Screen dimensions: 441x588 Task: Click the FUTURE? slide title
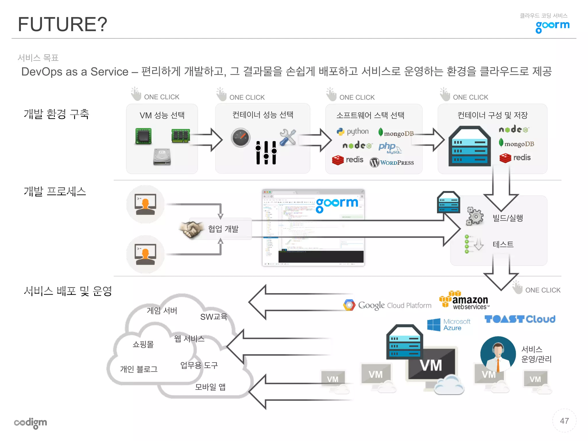click(62, 24)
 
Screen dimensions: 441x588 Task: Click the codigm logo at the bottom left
click(30, 423)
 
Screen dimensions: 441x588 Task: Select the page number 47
click(564, 421)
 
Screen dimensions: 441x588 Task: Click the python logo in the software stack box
click(353, 131)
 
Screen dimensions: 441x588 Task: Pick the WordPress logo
click(392, 163)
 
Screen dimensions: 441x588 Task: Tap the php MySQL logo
click(389, 148)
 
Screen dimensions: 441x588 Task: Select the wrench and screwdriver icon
click(288, 137)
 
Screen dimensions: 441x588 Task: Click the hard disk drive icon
click(162, 157)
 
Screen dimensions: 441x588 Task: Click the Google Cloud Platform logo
click(387, 305)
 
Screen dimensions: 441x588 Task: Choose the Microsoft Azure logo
click(448, 325)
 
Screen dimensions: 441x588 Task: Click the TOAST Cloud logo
click(520, 319)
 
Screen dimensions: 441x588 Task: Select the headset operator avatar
click(498, 354)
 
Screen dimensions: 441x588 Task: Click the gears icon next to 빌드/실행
click(475, 216)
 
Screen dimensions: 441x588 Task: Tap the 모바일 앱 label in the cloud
click(210, 387)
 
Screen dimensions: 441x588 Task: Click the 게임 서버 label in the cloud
click(162, 311)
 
